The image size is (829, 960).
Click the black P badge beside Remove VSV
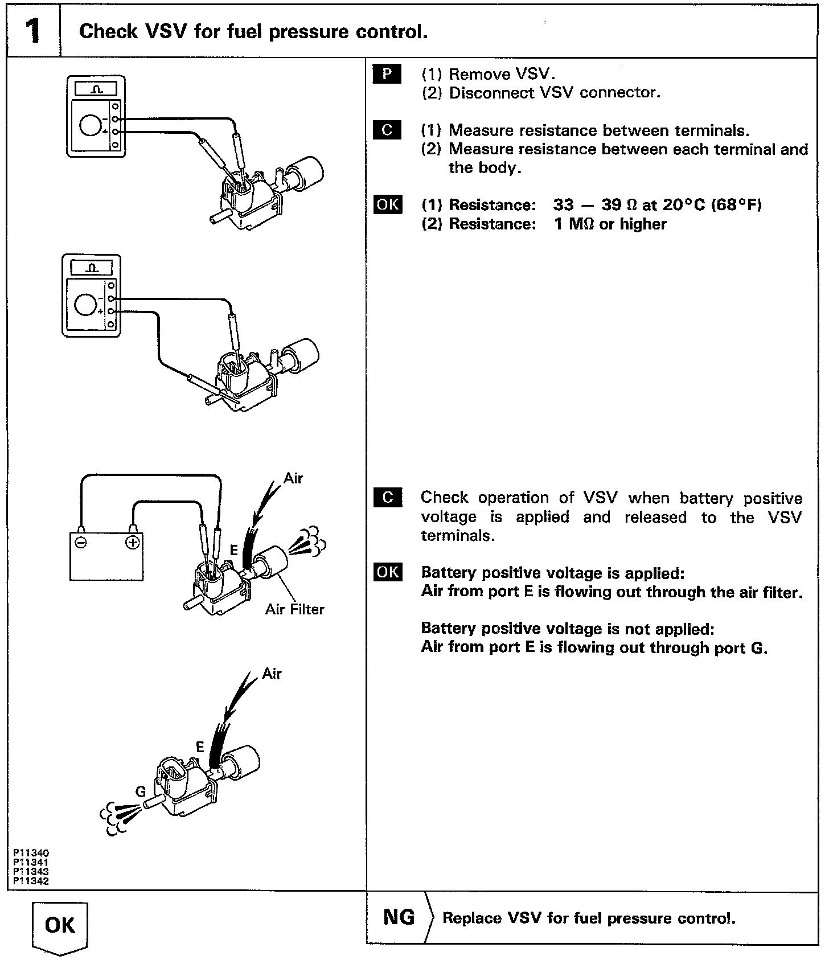[387, 74]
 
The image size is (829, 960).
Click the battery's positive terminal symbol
[132, 542]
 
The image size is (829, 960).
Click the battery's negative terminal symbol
[81, 542]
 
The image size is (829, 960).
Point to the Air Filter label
[294, 609]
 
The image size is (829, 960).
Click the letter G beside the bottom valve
[141, 791]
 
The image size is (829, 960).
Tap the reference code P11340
[31, 853]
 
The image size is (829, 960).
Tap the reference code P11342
[31, 881]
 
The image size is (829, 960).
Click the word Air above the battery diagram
[293, 478]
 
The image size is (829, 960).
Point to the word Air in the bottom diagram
[272, 673]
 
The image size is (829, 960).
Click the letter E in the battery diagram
[233, 550]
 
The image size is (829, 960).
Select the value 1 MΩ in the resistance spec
[573, 224]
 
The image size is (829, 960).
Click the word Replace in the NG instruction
[471, 918]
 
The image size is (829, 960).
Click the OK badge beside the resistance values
[387, 204]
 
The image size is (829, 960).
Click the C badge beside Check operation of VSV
[387, 497]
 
